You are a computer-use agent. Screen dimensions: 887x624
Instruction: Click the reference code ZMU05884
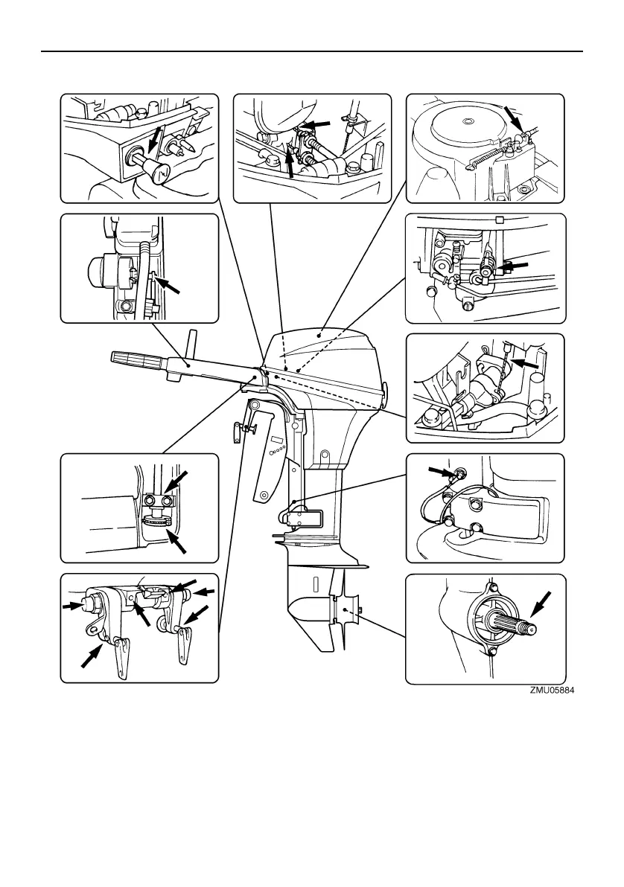552,690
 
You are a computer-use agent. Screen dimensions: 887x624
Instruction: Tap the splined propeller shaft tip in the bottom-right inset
530,630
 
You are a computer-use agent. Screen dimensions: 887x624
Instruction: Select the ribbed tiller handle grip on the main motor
138,359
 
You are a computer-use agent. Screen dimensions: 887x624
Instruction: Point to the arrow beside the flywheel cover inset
513,117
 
